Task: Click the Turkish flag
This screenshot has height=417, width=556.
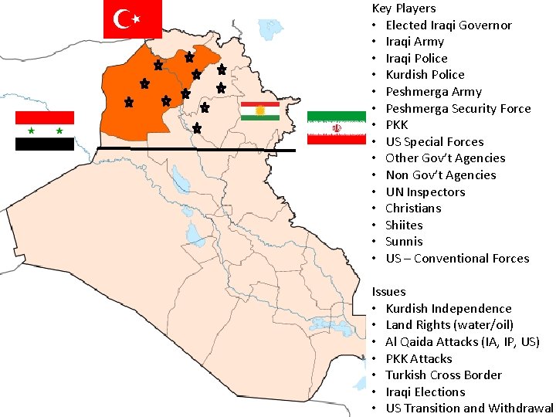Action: click(x=132, y=19)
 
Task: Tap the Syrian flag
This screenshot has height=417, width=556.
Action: click(x=45, y=131)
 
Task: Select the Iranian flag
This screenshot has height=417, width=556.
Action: click(x=336, y=127)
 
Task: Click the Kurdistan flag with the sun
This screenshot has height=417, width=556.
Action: click(x=260, y=111)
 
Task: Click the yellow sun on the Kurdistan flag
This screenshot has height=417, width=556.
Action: click(x=260, y=111)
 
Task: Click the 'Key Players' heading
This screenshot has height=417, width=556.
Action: click(x=404, y=8)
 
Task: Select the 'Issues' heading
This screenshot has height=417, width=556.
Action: click(x=388, y=292)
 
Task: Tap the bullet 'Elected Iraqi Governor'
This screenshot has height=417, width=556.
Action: click(x=449, y=25)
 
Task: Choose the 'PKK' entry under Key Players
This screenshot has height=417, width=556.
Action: click(x=397, y=125)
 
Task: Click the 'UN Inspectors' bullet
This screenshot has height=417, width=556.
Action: click(x=425, y=192)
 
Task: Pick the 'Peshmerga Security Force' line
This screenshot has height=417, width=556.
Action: click(x=458, y=108)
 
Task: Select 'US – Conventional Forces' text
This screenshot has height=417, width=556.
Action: click(x=457, y=259)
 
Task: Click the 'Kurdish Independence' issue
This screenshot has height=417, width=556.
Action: click(x=449, y=309)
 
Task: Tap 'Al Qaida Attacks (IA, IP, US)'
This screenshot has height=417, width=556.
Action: click(x=463, y=342)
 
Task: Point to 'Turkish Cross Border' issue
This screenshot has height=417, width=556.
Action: click(x=444, y=375)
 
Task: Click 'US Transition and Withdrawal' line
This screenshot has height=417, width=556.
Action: click(x=470, y=409)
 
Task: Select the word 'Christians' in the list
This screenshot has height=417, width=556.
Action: click(x=414, y=208)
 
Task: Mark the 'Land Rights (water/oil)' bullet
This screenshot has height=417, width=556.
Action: click(x=449, y=325)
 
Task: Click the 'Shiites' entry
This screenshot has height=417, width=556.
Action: click(x=405, y=225)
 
